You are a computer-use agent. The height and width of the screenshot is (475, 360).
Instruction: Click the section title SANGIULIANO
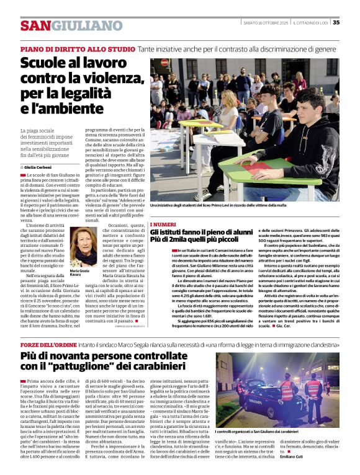71,25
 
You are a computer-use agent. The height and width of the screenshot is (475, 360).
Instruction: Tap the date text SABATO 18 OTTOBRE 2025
265,22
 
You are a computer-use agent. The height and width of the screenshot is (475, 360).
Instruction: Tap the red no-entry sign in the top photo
165,63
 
